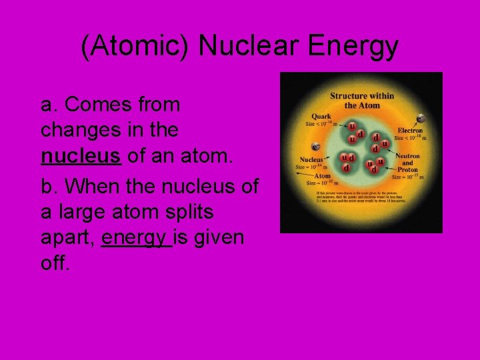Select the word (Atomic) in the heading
click(136, 47)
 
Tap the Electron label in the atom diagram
click(410, 131)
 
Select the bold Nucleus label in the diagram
click(311, 160)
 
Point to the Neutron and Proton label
click(407, 163)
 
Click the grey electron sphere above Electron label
click(420, 119)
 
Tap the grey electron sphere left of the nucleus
click(314, 146)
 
